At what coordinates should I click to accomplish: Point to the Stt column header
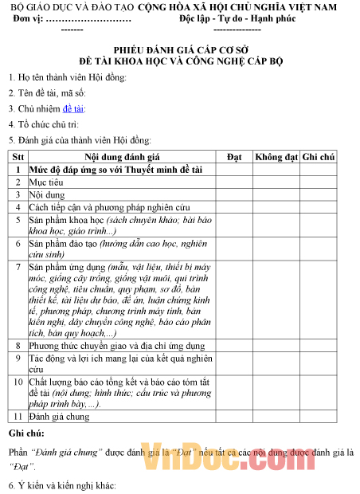18,158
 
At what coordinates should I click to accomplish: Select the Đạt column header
234,158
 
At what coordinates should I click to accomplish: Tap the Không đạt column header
276,158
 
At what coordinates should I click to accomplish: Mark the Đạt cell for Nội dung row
234,194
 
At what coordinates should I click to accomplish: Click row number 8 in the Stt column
18,347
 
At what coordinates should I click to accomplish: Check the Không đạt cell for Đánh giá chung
276,417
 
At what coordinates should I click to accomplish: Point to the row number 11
18,417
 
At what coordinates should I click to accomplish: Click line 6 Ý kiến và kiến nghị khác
62,484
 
